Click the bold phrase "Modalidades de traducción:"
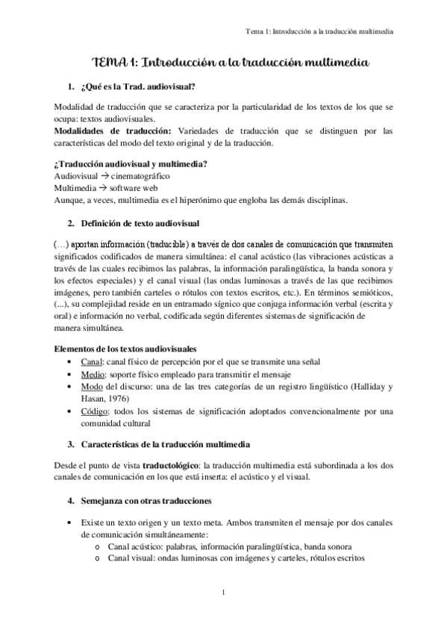click(108, 131)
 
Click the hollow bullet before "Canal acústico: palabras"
click(98, 546)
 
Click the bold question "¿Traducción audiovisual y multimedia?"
click(131, 163)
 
